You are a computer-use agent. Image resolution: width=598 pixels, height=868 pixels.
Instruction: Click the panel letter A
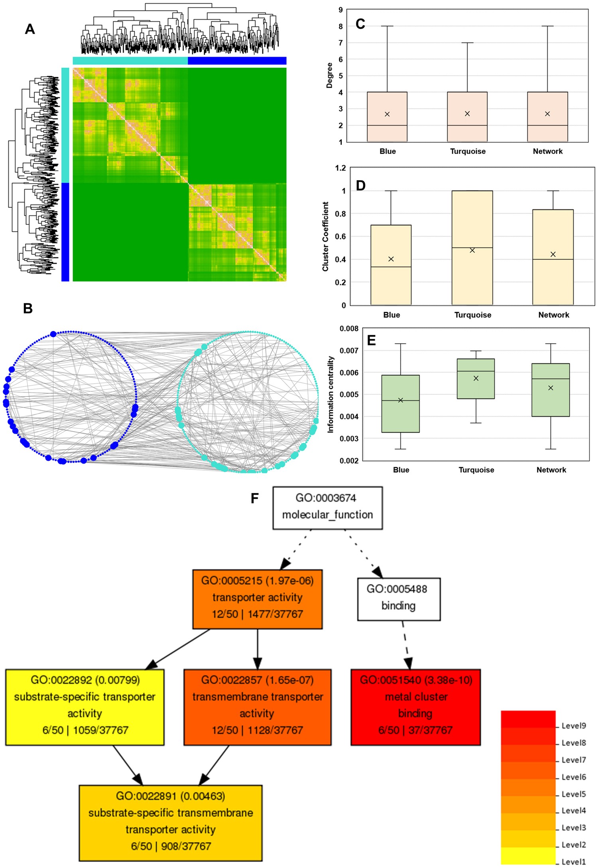tap(30, 29)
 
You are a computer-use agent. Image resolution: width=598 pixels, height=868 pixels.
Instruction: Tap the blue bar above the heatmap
tap(237, 61)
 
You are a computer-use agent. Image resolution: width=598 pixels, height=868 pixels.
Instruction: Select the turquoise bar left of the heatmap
tap(65, 125)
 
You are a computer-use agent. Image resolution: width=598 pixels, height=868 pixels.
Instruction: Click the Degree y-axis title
tap(329, 75)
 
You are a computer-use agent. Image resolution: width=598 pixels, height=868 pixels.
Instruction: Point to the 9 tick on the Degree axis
tap(340, 10)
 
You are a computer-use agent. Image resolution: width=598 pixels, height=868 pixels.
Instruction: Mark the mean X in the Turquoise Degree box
tap(467, 114)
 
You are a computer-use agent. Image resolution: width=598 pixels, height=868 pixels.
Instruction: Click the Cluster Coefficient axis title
tap(326, 236)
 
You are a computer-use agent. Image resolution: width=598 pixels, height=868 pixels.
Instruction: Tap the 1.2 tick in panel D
tap(340, 168)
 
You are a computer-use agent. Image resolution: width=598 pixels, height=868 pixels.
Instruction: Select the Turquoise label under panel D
tap(473, 315)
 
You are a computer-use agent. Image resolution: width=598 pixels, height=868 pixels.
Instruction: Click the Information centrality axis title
tap(330, 394)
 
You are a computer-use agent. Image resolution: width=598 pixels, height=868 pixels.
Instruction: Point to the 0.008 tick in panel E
tap(349, 328)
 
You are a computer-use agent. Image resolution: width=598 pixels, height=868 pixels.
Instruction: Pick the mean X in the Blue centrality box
tap(401, 400)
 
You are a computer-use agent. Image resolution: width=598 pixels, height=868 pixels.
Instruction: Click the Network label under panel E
tap(551, 470)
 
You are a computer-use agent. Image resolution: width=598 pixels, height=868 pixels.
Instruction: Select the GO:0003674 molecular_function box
tap(327, 507)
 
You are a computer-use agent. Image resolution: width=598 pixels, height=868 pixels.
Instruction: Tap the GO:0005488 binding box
tap(398, 599)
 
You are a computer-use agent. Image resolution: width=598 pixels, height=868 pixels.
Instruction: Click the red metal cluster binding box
tap(415, 707)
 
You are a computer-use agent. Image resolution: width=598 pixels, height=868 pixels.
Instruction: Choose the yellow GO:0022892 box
tap(85, 707)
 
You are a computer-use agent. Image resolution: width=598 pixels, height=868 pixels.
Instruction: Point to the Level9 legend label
tap(574, 726)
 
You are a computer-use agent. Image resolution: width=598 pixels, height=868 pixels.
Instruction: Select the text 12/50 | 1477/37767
tap(257, 614)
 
